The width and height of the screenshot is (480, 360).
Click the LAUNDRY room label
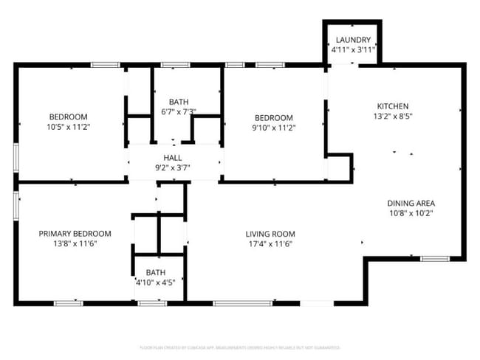[353, 40]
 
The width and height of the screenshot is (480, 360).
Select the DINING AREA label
[411, 204]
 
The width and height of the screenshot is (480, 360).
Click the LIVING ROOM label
[270, 235]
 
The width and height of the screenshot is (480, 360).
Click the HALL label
[173, 158]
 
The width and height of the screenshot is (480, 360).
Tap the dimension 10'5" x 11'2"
[68, 127]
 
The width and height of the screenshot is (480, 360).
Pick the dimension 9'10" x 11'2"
[274, 128]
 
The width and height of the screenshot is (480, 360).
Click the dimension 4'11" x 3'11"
[353, 49]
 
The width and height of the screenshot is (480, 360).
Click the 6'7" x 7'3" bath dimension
[179, 112]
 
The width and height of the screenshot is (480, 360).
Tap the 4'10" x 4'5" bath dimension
[155, 281]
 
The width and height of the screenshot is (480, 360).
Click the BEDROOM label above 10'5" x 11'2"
[68, 117]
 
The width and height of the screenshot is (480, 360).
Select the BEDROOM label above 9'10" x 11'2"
[274, 118]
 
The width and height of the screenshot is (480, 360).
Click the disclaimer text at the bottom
[240, 347]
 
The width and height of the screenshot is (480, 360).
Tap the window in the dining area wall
[435, 258]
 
